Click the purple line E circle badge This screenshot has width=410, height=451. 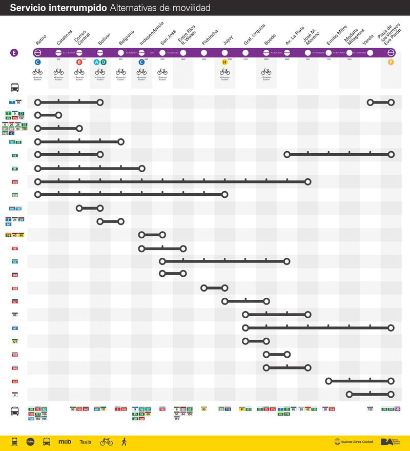14,52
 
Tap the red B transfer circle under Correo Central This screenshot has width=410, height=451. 79,62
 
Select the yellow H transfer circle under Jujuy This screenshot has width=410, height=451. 224,62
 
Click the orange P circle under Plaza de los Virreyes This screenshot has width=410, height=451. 391,62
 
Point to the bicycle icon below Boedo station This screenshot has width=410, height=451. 266,72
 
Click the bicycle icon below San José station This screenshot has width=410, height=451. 162,72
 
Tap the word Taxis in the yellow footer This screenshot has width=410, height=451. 86,442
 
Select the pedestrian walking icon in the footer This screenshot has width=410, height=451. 124,441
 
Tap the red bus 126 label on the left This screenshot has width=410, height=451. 15,182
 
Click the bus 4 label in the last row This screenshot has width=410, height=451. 15,395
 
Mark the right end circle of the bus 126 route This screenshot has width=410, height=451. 307,181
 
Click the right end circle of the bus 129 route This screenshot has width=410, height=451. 224,194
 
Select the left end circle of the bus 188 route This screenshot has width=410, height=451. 204,288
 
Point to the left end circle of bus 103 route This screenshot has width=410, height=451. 329,381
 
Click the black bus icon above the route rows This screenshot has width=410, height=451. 15,88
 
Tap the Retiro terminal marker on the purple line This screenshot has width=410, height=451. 37,52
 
